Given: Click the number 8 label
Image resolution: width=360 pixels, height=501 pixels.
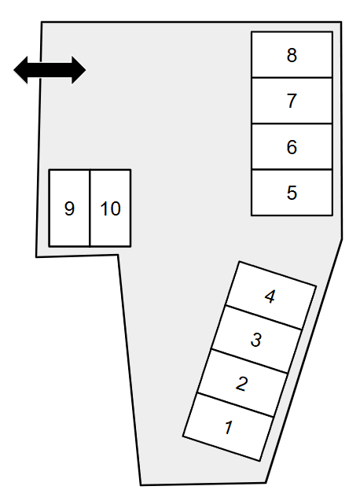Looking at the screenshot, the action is (x=292, y=55).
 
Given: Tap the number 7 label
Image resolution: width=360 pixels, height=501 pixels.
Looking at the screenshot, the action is (x=292, y=101).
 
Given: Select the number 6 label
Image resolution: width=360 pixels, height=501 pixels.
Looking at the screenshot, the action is (x=292, y=147).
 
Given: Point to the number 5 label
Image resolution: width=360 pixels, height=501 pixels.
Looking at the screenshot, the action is (x=292, y=193).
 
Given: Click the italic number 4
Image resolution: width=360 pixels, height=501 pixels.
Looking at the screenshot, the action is (x=270, y=297).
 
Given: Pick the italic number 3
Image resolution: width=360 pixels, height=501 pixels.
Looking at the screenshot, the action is (x=256, y=340).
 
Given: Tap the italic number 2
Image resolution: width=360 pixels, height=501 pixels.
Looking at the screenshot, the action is (x=242, y=384).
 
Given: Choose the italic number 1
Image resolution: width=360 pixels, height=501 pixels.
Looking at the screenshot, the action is (x=229, y=428).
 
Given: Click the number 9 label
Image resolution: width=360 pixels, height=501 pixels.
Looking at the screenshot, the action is (x=69, y=208).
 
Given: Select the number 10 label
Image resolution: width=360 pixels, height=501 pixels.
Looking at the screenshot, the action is (x=110, y=208).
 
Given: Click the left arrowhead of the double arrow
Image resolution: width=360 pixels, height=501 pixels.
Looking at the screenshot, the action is (x=20, y=70).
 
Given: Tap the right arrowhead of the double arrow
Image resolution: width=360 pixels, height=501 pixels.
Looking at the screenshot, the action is (x=79, y=70).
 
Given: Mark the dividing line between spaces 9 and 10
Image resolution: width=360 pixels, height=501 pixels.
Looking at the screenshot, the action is (x=90, y=208).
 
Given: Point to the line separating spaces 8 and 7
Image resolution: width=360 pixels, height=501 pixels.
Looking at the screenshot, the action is (x=292, y=77).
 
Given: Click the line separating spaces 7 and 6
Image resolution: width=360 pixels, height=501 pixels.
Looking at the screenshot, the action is (x=292, y=123).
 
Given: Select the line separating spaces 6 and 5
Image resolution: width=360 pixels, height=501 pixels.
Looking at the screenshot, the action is (x=292, y=169).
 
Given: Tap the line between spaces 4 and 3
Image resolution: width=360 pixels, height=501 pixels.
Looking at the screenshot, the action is (x=264, y=317).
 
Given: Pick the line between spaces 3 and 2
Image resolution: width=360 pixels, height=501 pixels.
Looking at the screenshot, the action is (x=249, y=361).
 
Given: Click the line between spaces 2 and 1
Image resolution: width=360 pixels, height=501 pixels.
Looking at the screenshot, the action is (x=236, y=405).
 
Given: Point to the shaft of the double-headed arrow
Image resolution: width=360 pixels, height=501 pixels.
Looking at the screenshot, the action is (x=50, y=70).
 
